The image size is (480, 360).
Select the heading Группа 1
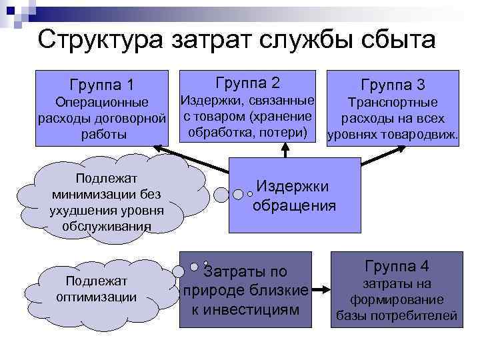(101, 85)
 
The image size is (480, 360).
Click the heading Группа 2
(248, 83)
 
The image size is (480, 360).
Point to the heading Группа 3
(393, 85)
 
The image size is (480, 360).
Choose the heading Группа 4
(396, 266)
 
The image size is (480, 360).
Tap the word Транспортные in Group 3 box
(393, 103)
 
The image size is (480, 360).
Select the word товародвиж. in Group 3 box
(421, 135)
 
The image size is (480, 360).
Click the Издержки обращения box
(294, 195)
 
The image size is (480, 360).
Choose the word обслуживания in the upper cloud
(107, 227)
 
